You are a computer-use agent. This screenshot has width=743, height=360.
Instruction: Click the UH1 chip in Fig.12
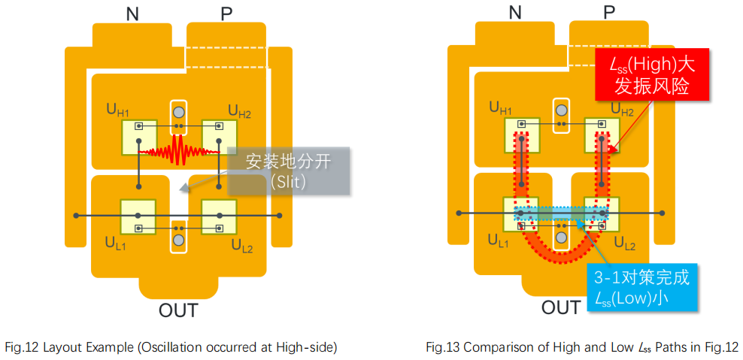[139, 137]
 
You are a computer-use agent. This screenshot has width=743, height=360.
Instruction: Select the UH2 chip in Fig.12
[219, 137]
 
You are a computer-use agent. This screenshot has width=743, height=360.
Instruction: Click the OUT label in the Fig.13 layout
[561, 307]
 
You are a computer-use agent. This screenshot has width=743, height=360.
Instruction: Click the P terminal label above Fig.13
[608, 12]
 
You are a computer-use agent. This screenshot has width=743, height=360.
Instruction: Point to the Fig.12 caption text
[171, 346]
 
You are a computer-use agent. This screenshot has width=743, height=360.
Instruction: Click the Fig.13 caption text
[581, 346]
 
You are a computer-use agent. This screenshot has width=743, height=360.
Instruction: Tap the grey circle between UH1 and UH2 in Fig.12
[178, 113]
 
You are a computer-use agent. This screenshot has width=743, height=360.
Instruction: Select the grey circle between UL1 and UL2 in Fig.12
[178, 240]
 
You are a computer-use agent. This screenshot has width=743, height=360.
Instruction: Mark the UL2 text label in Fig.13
[624, 244]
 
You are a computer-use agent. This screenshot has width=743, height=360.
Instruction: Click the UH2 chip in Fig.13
[602, 135]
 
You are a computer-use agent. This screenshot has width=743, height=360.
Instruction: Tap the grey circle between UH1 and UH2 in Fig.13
[561, 112]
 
